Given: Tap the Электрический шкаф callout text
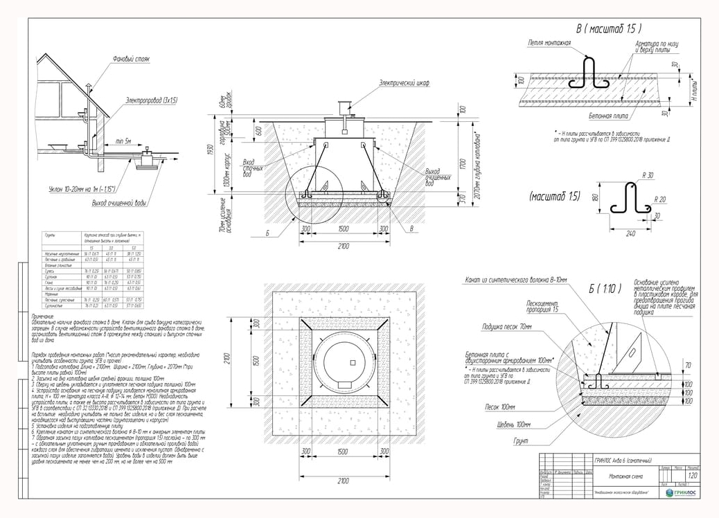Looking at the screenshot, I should coord(403,82).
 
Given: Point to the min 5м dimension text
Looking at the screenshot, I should coord(124,141).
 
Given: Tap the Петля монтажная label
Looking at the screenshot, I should coord(549,43).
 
